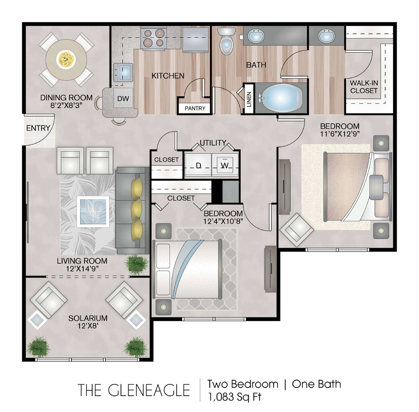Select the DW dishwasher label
(x=123, y=99)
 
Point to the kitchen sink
(x=124, y=72)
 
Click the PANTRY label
(x=195, y=108)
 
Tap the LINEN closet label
(x=249, y=99)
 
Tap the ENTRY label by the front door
(x=38, y=128)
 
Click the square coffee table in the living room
(x=93, y=212)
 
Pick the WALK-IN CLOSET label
(x=364, y=87)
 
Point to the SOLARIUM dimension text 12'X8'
(x=88, y=326)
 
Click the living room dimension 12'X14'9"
(x=82, y=269)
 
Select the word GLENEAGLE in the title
(x=149, y=390)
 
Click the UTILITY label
(x=213, y=143)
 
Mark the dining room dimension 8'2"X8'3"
(x=67, y=105)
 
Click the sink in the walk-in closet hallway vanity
(x=326, y=36)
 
